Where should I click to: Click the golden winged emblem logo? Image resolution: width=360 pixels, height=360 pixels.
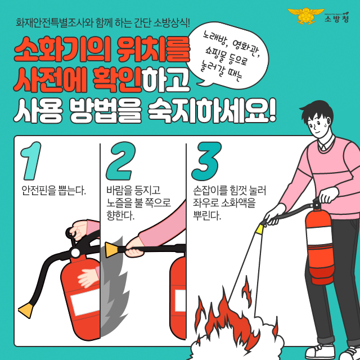(x=305, y=15)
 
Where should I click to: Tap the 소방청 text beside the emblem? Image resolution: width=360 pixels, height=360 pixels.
(x=336, y=19)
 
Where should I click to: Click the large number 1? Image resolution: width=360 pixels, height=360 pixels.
(x=31, y=161)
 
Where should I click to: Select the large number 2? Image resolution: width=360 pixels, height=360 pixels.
(x=120, y=161)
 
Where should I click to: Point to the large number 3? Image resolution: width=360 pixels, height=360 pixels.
(x=206, y=161)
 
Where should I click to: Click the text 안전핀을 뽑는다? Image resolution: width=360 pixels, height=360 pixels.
(x=53, y=190)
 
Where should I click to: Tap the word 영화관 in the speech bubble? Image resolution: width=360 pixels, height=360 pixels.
(x=246, y=48)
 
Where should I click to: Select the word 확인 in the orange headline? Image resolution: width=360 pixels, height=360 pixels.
(x=117, y=79)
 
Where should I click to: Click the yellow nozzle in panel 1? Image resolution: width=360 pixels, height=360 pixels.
(x=26, y=310)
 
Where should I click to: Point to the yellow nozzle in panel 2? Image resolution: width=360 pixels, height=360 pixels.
(x=112, y=250)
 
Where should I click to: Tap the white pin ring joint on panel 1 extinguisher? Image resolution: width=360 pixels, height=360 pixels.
(x=75, y=253)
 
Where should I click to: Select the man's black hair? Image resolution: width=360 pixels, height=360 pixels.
(x=318, y=112)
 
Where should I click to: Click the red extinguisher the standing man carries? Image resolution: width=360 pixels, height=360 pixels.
(x=319, y=248)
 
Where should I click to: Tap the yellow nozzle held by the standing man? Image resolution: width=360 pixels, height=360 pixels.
(x=260, y=229)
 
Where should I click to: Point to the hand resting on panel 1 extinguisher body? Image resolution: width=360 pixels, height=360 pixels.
(x=89, y=277)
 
